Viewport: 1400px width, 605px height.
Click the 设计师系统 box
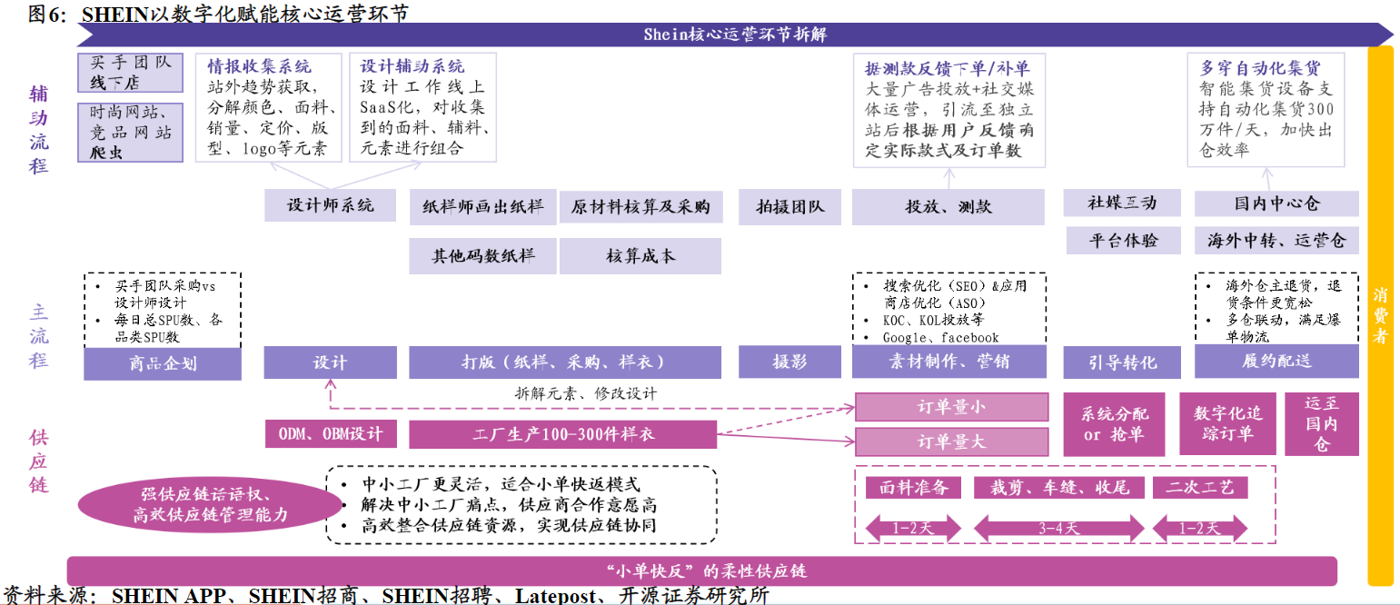pos(330,205)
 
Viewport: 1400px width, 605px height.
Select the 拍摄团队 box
pos(789,207)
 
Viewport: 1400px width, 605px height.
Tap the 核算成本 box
pos(640,255)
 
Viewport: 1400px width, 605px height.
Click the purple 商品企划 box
pos(163,363)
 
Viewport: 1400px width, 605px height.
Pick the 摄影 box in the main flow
pos(789,362)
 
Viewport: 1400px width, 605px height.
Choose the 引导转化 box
pos(1122,362)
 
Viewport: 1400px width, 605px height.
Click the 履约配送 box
pos(1276,362)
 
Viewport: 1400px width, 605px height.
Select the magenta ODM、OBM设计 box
pos(331,433)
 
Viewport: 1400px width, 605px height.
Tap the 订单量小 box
pos(951,407)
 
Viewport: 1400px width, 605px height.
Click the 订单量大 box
pos(951,441)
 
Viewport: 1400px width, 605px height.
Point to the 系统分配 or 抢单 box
pos(1115,423)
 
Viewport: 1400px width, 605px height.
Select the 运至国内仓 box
pos(1321,423)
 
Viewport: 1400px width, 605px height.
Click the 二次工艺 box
pos(1200,487)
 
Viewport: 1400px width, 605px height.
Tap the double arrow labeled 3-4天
pos(1058,528)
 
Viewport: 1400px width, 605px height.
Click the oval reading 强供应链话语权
pos(210,504)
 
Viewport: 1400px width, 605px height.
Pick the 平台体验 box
pos(1123,241)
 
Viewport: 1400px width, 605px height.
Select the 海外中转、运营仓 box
pos(1276,241)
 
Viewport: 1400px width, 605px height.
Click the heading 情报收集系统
pos(259,66)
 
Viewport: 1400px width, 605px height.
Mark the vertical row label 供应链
pos(38,461)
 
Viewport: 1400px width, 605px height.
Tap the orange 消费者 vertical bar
pos(1380,315)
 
